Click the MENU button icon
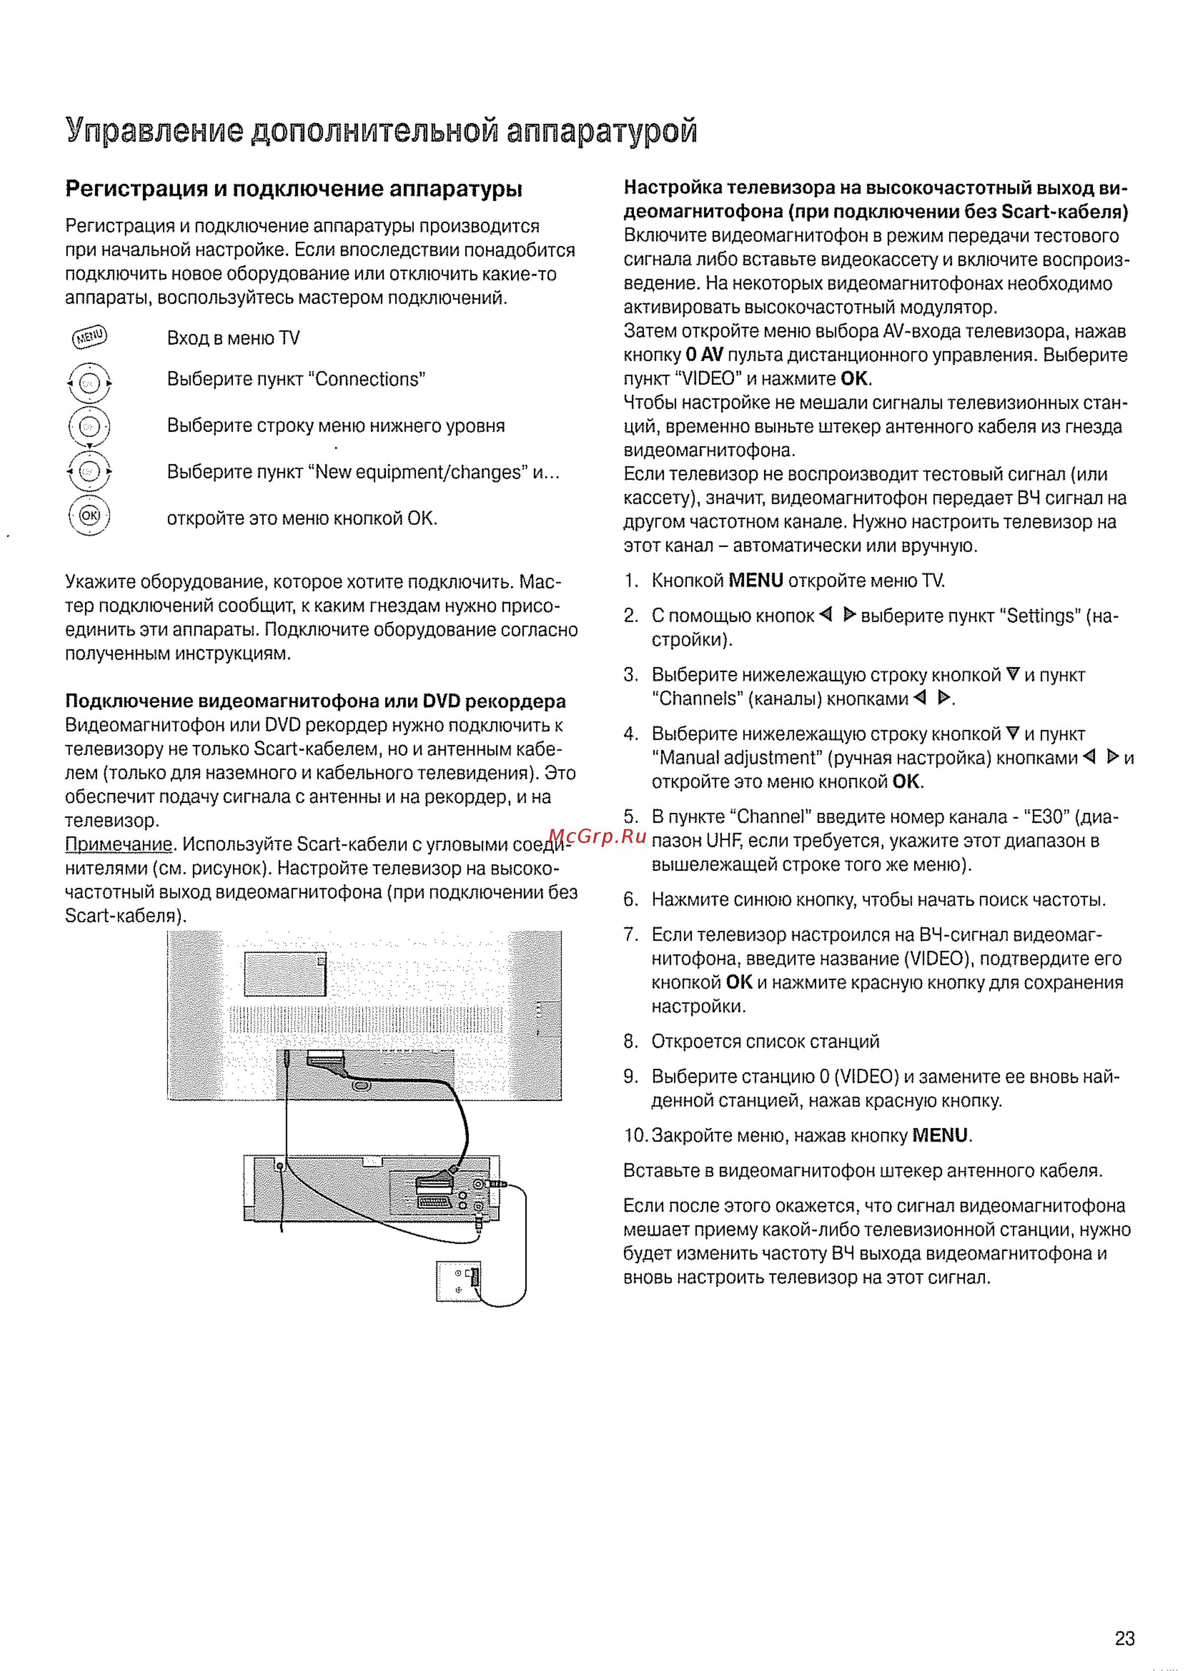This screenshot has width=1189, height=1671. (89, 337)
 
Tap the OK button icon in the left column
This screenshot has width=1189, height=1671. (89, 516)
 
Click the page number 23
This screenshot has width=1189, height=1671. (1124, 1638)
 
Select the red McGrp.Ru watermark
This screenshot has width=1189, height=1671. (596, 836)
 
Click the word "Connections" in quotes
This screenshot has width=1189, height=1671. (370, 379)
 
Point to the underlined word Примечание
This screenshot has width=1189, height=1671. (119, 844)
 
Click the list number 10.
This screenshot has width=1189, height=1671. (635, 1135)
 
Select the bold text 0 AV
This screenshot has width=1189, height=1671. (704, 355)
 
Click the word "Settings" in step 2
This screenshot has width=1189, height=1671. (1040, 616)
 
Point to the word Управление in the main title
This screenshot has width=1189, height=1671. (154, 130)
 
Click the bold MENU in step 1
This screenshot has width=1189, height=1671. (756, 580)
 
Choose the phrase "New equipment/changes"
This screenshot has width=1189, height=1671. (419, 472)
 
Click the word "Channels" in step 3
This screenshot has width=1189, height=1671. (697, 699)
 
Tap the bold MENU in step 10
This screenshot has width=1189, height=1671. (940, 1135)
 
